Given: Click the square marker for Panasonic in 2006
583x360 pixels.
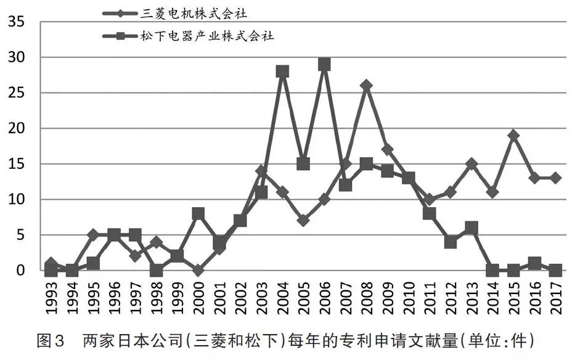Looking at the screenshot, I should coord(324,65).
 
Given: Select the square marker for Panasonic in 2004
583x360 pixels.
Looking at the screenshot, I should coord(282,72).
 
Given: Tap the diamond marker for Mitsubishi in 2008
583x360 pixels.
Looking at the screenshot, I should coord(366,85).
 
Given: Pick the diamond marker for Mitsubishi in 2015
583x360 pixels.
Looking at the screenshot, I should coord(513,136).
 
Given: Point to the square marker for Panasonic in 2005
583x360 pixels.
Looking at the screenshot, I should coord(303,164).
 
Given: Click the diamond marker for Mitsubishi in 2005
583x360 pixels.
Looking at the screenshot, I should coord(303,220).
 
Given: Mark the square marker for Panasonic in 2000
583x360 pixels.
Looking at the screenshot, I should coord(198,214).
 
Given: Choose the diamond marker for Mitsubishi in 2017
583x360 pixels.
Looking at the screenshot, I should coord(555,178).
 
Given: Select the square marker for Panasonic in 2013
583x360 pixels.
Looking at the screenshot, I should coord(471,228).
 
